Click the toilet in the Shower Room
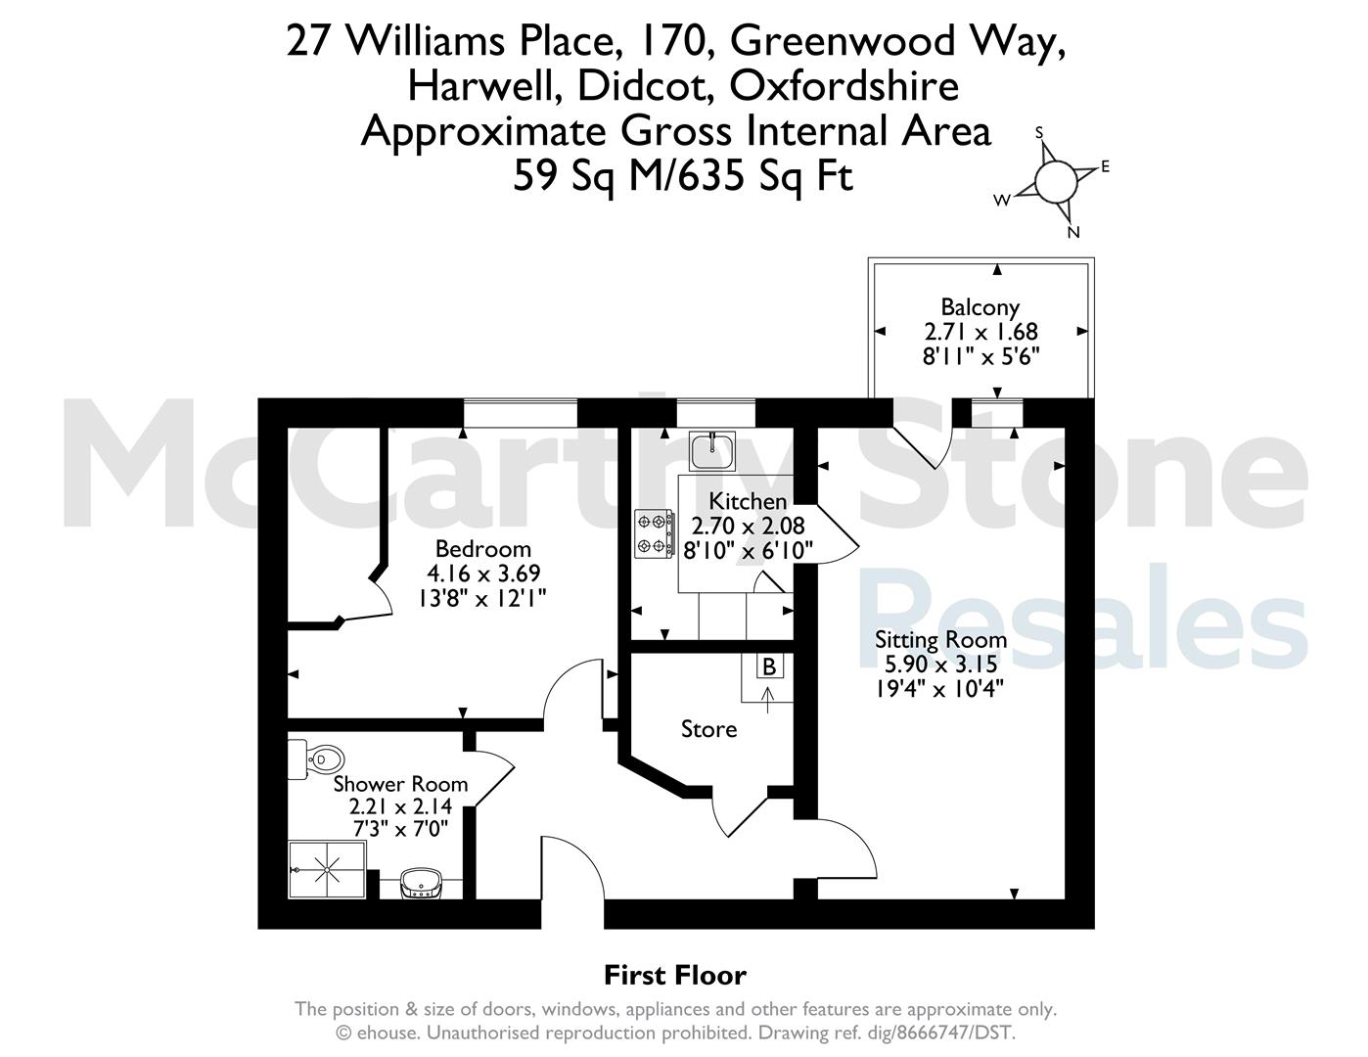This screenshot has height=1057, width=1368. click(317, 759)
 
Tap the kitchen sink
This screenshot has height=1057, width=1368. click(712, 451)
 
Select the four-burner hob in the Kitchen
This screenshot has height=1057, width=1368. click(654, 533)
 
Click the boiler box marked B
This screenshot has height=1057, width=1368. click(769, 666)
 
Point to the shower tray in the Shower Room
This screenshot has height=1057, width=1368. click(327, 869)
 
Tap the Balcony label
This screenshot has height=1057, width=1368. click(980, 307)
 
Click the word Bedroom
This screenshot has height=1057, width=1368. click(482, 549)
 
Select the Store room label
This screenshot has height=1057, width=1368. click(708, 729)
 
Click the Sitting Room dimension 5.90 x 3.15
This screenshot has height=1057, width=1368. click(941, 665)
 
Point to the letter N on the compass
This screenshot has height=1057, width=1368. click(1073, 232)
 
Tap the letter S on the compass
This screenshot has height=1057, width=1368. click(1039, 132)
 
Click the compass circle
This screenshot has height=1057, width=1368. click(1056, 181)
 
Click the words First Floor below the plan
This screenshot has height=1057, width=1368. click(675, 975)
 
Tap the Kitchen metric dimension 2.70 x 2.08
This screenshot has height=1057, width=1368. click(748, 526)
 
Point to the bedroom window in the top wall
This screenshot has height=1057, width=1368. click(520, 413)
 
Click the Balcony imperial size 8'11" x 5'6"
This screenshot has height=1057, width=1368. click(980, 356)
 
